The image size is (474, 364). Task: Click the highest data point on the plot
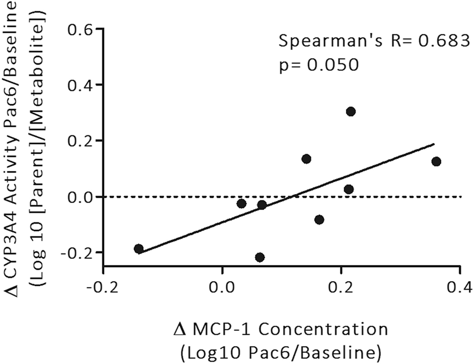pyautogui.click(x=351, y=112)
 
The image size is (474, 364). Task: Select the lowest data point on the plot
pyautogui.click(x=260, y=257)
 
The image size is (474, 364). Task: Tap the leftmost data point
pyautogui.click(x=139, y=249)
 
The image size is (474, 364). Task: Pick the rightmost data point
pyautogui.click(x=436, y=161)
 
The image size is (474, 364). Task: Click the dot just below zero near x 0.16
pyautogui.click(x=319, y=220)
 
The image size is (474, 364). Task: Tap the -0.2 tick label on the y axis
pyautogui.click(x=77, y=252)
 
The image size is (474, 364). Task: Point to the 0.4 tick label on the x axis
pyautogui.click(x=459, y=286)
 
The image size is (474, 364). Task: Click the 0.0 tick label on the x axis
pyautogui.click(x=222, y=286)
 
